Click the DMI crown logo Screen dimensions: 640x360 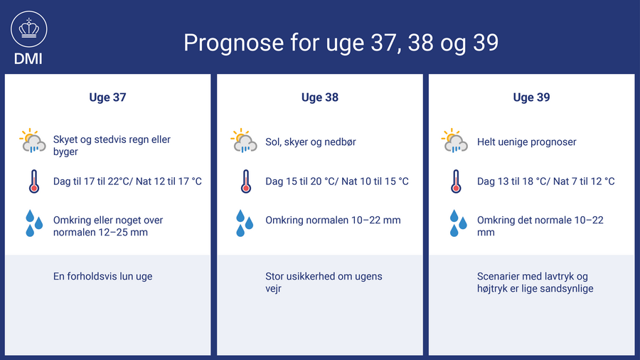pyautogui.click(x=28, y=29)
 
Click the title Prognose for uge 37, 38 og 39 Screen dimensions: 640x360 pyautogui.click(x=341, y=43)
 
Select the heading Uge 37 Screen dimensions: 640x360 pyautogui.click(x=108, y=97)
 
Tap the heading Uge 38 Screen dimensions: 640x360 pyautogui.click(x=320, y=97)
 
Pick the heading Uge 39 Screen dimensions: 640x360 pyautogui.click(x=531, y=97)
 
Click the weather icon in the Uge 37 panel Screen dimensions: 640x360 pyautogui.click(x=33, y=141)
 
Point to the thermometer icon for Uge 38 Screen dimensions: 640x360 pyautogui.click(x=245, y=181)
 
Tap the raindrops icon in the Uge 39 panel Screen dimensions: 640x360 pyautogui.click(x=458, y=223)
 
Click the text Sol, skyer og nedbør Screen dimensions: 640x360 pyautogui.click(x=311, y=142)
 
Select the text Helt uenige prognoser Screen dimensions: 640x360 pyautogui.click(x=526, y=142)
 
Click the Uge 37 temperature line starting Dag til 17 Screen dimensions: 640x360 pyautogui.click(x=127, y=181)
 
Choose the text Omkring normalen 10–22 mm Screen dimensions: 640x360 pyautogui.click(x=333, y=221)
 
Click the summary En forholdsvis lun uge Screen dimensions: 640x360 pyautogui.click(x=103, y=276)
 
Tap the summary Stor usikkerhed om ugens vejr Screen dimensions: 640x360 pyautogui.click(x=324, y=282)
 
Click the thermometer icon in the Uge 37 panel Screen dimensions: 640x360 pyautogui.click(x=34, y=181)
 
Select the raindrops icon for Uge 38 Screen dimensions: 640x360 pyautogui.click(x=245, y=223)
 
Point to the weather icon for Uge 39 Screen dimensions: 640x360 pyautogui.click(x=454, y=141)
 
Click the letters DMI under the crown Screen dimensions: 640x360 pyautogui.click(x=28, y=59)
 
